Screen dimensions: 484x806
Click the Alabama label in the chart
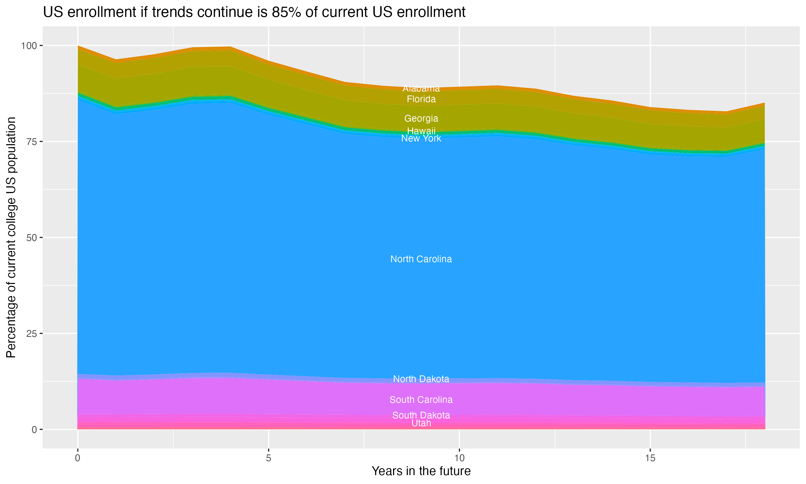pyautogui.click(x=421, y=88)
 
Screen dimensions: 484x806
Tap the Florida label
pyautogui.click(x=421, y=99)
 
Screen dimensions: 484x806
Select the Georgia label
pyautogui.click(x=421, y=118)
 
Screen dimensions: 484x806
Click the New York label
pyautogui.click(x=421, y=138)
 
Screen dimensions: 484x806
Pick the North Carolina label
pyautogui.click(x=421, y=259)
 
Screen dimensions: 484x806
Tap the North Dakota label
pyautogui.click(x=421, y=379)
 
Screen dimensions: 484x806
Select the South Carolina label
pyautogui.click(x=421, y=400)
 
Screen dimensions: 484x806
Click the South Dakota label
pyautogui.click(x=421, y=415)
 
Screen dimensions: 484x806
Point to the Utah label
pyautogui.click(x=421, y=423)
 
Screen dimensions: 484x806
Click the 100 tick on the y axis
pyautogui.click(x=29, y=46)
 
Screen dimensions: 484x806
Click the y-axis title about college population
pyautogui.click(x=11, y=237)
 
